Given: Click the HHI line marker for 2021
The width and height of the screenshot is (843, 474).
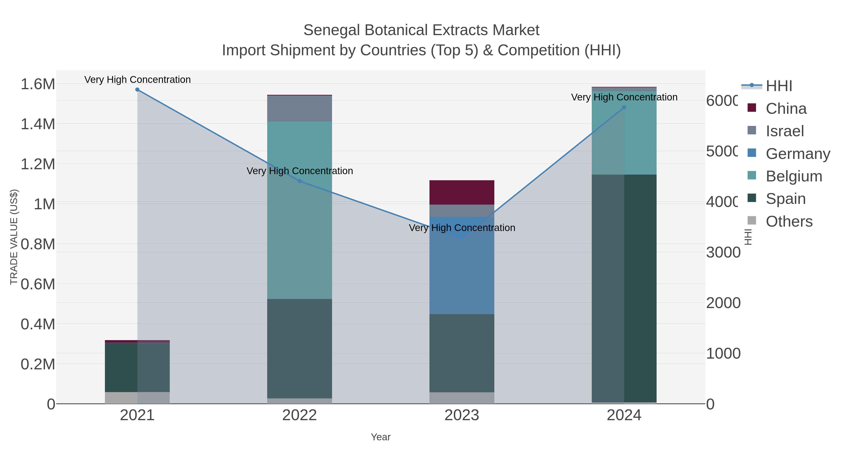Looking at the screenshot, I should coord(137,90).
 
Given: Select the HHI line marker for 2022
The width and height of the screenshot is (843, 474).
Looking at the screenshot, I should coord(299,181).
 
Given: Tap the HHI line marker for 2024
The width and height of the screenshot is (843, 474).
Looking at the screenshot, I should coord(624,107).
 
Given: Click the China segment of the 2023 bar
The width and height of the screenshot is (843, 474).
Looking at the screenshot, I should coord(462,192).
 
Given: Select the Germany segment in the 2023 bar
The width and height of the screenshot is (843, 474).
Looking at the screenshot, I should coord(462,265).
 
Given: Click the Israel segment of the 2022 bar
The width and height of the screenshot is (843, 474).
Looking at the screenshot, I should coord(299,109).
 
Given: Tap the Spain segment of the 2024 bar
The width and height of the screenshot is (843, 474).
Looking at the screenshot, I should coord(624,288).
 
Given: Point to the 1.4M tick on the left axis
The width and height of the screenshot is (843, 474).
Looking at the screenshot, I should coord(38,124).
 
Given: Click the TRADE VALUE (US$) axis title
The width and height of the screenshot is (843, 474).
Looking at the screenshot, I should coord(14,237).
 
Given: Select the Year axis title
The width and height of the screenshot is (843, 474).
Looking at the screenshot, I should coord(381,437).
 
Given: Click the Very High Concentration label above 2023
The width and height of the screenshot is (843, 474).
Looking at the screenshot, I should coord(462,228).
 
